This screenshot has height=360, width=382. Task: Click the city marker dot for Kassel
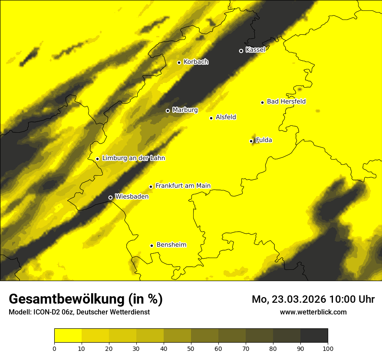point(241,51)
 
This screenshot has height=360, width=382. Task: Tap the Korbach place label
point(196,62)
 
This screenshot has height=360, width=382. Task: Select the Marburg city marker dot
point(168,111)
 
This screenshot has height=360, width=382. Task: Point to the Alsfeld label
point(226,117)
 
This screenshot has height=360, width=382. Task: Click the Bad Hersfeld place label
point(286,101)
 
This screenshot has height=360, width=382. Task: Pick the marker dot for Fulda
point(251,141)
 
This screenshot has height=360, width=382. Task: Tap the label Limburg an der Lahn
point(133,158)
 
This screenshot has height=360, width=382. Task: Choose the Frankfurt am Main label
point(183,186)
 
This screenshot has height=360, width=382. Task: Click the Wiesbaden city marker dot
point(110,197)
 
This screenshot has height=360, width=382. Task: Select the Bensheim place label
point(171,245)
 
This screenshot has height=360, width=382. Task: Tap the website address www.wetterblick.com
point(313,312)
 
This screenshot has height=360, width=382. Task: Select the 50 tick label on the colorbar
point(191,348)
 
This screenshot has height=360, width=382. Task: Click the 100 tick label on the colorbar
point(328,348)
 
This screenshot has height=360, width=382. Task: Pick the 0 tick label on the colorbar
point(54,348)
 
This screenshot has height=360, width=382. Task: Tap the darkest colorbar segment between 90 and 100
point(314,335)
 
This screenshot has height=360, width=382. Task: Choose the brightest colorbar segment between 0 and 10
point(68,335)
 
